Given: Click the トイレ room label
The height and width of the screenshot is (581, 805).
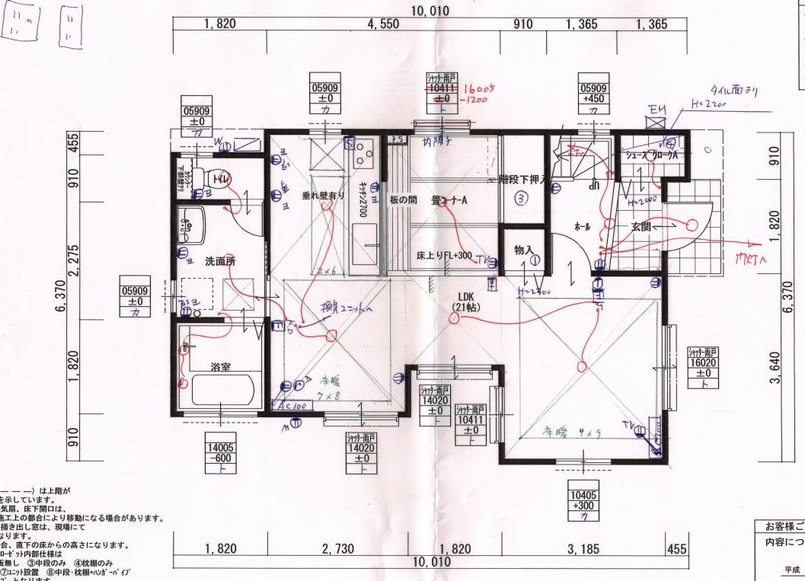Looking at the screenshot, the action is [222, 180].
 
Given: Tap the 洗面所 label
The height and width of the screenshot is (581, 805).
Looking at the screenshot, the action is [220, 261].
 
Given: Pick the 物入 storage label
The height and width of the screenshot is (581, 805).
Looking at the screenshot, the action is [523, 249].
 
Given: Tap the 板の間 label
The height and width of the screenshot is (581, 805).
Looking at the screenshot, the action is [403, 200].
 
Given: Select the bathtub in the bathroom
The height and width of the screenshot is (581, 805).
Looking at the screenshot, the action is [221, 391].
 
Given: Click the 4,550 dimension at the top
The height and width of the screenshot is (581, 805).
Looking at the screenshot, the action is [383, 24].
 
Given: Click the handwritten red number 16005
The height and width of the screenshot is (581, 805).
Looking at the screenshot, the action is [479, 88].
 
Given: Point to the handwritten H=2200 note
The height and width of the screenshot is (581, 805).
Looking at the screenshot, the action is [709, 105].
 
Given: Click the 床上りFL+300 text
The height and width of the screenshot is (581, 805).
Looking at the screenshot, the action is [446, 256].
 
